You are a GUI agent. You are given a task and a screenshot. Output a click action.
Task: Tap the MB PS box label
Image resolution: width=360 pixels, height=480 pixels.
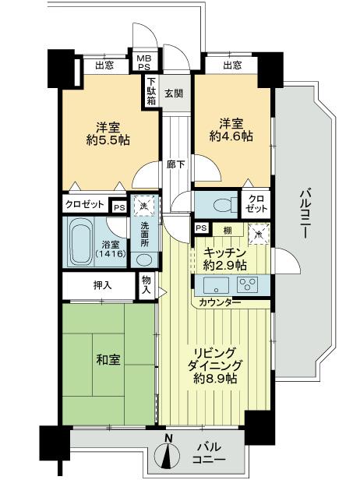coord(146,62)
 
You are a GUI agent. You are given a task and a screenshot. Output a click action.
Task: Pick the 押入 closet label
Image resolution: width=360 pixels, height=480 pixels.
coord(103,285)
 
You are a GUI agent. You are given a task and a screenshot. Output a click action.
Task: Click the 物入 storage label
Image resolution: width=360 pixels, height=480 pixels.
coord(146,284)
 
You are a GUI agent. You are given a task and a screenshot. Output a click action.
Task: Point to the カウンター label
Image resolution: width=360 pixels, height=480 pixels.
coord(219,302)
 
